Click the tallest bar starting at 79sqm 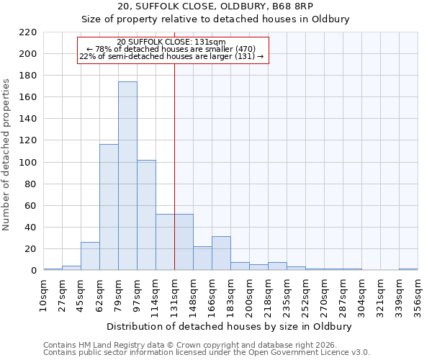pyautogui.click(x=127, y=176)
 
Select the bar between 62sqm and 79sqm pyautogui.click(x=109, y=207)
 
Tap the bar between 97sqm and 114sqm pyautogui.click(x=146, y=215)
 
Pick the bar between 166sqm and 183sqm pyautogui.click(x=221, y=253)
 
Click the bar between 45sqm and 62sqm pyautogui.click(x=90, y=256)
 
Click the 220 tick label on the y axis pyautogui.click(x=28, y=32)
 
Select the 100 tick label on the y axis pyautogui.click(x=28, y=163)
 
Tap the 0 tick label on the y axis pyautogui.click(x=33, y=271)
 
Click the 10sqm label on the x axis pyautogui.click(x=44, y=293)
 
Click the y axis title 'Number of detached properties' pyautogui.click(x=7, y=156)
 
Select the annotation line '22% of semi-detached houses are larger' pyautogui.click(x=171, y=56)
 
